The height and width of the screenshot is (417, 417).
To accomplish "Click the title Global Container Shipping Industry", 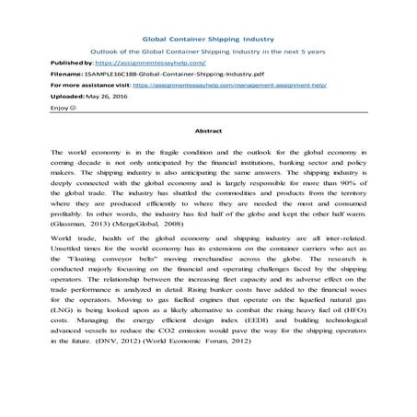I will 207,40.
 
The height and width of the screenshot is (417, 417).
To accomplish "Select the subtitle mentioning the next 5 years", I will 208,53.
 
